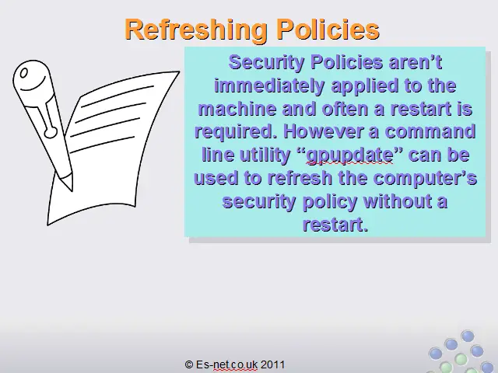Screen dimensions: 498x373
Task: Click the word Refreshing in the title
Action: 196,30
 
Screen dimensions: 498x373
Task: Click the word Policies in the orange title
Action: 328,30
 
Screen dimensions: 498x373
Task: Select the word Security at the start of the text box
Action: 266,63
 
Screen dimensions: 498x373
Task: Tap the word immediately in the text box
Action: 270,86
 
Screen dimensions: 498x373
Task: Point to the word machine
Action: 237,109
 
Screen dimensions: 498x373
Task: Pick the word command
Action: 430,131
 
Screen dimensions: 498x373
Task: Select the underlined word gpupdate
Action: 349,155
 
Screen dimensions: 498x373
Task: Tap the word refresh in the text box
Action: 300,178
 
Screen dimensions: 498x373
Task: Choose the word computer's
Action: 425,178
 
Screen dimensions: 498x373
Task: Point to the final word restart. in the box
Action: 335,225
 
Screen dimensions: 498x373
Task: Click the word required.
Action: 236,132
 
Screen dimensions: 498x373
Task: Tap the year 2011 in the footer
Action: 273,364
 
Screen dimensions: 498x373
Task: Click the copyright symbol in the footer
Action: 189,364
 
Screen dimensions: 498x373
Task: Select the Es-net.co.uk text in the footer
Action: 226,364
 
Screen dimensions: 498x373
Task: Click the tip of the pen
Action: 71,190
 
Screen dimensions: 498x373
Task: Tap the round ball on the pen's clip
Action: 51,132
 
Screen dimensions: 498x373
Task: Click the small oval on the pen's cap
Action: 23,74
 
